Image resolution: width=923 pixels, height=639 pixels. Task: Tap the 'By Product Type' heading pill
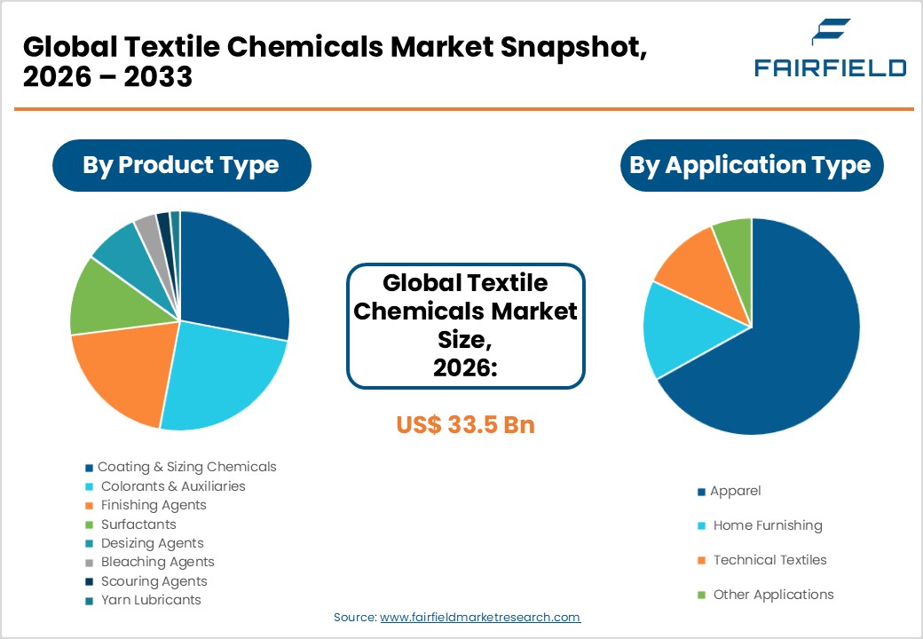181,165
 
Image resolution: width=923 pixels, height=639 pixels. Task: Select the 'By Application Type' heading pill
751,165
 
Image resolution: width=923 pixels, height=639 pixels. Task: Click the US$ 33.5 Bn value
465,424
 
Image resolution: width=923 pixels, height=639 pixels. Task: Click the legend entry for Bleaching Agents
157,562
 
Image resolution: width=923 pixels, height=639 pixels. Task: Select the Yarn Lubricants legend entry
151,600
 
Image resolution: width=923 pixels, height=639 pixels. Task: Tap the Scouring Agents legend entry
154,581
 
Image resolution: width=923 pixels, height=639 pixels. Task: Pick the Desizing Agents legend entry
152,543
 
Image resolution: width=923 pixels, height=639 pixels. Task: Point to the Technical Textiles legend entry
769,560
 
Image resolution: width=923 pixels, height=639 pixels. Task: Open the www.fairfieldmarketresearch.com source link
480,617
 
